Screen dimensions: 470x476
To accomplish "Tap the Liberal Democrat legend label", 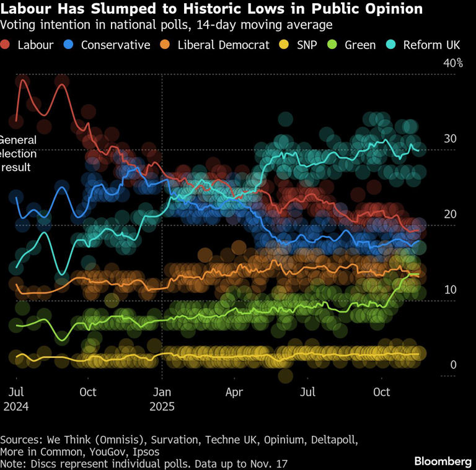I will pos(223,45).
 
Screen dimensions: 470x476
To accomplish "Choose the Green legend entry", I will pos(359,45).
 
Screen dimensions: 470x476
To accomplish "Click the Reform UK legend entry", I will pos(431,45).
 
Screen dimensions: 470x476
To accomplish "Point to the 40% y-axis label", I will pos(452,63).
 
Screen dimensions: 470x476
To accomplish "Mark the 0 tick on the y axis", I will pos(453,365).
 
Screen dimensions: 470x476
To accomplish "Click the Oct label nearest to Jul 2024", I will pos(88,392).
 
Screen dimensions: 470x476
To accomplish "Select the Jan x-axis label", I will pos(162,392).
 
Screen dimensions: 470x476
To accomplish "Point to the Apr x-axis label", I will pos(234,392).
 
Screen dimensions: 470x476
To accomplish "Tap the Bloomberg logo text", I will pos(443,462).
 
